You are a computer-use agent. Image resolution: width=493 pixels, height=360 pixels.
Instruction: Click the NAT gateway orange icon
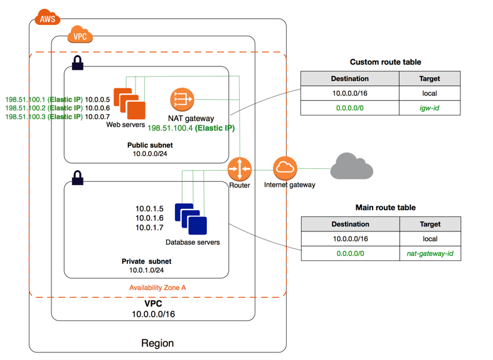point(182,99)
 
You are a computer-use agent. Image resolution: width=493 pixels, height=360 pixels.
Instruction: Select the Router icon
point(240,169)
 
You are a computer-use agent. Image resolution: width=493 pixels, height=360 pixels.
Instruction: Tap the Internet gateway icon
point(285,168)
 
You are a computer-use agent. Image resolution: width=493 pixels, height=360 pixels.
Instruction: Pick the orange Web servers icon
point(130,103)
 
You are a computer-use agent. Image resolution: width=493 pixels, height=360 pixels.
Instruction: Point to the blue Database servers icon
point(191,219)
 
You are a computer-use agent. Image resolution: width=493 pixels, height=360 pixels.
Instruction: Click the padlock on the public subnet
point(78,63)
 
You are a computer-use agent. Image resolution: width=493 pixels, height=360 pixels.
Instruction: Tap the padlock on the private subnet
point(78,178)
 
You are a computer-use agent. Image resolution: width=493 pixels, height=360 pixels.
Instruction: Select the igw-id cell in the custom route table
point(430,108)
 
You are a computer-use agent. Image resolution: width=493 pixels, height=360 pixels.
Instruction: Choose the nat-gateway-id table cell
point(430,253)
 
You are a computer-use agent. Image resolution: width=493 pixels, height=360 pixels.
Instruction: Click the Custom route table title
point(385,62)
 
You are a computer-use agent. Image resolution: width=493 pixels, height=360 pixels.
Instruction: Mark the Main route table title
point(385,208)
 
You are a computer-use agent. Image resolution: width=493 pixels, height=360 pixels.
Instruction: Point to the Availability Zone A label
point(157,287)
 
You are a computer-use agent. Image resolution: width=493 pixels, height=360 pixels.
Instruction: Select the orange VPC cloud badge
point(80,36)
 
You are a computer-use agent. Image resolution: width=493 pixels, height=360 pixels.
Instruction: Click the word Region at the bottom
point(157,343)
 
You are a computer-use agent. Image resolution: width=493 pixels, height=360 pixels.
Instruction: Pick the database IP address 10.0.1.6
point(149,218)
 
